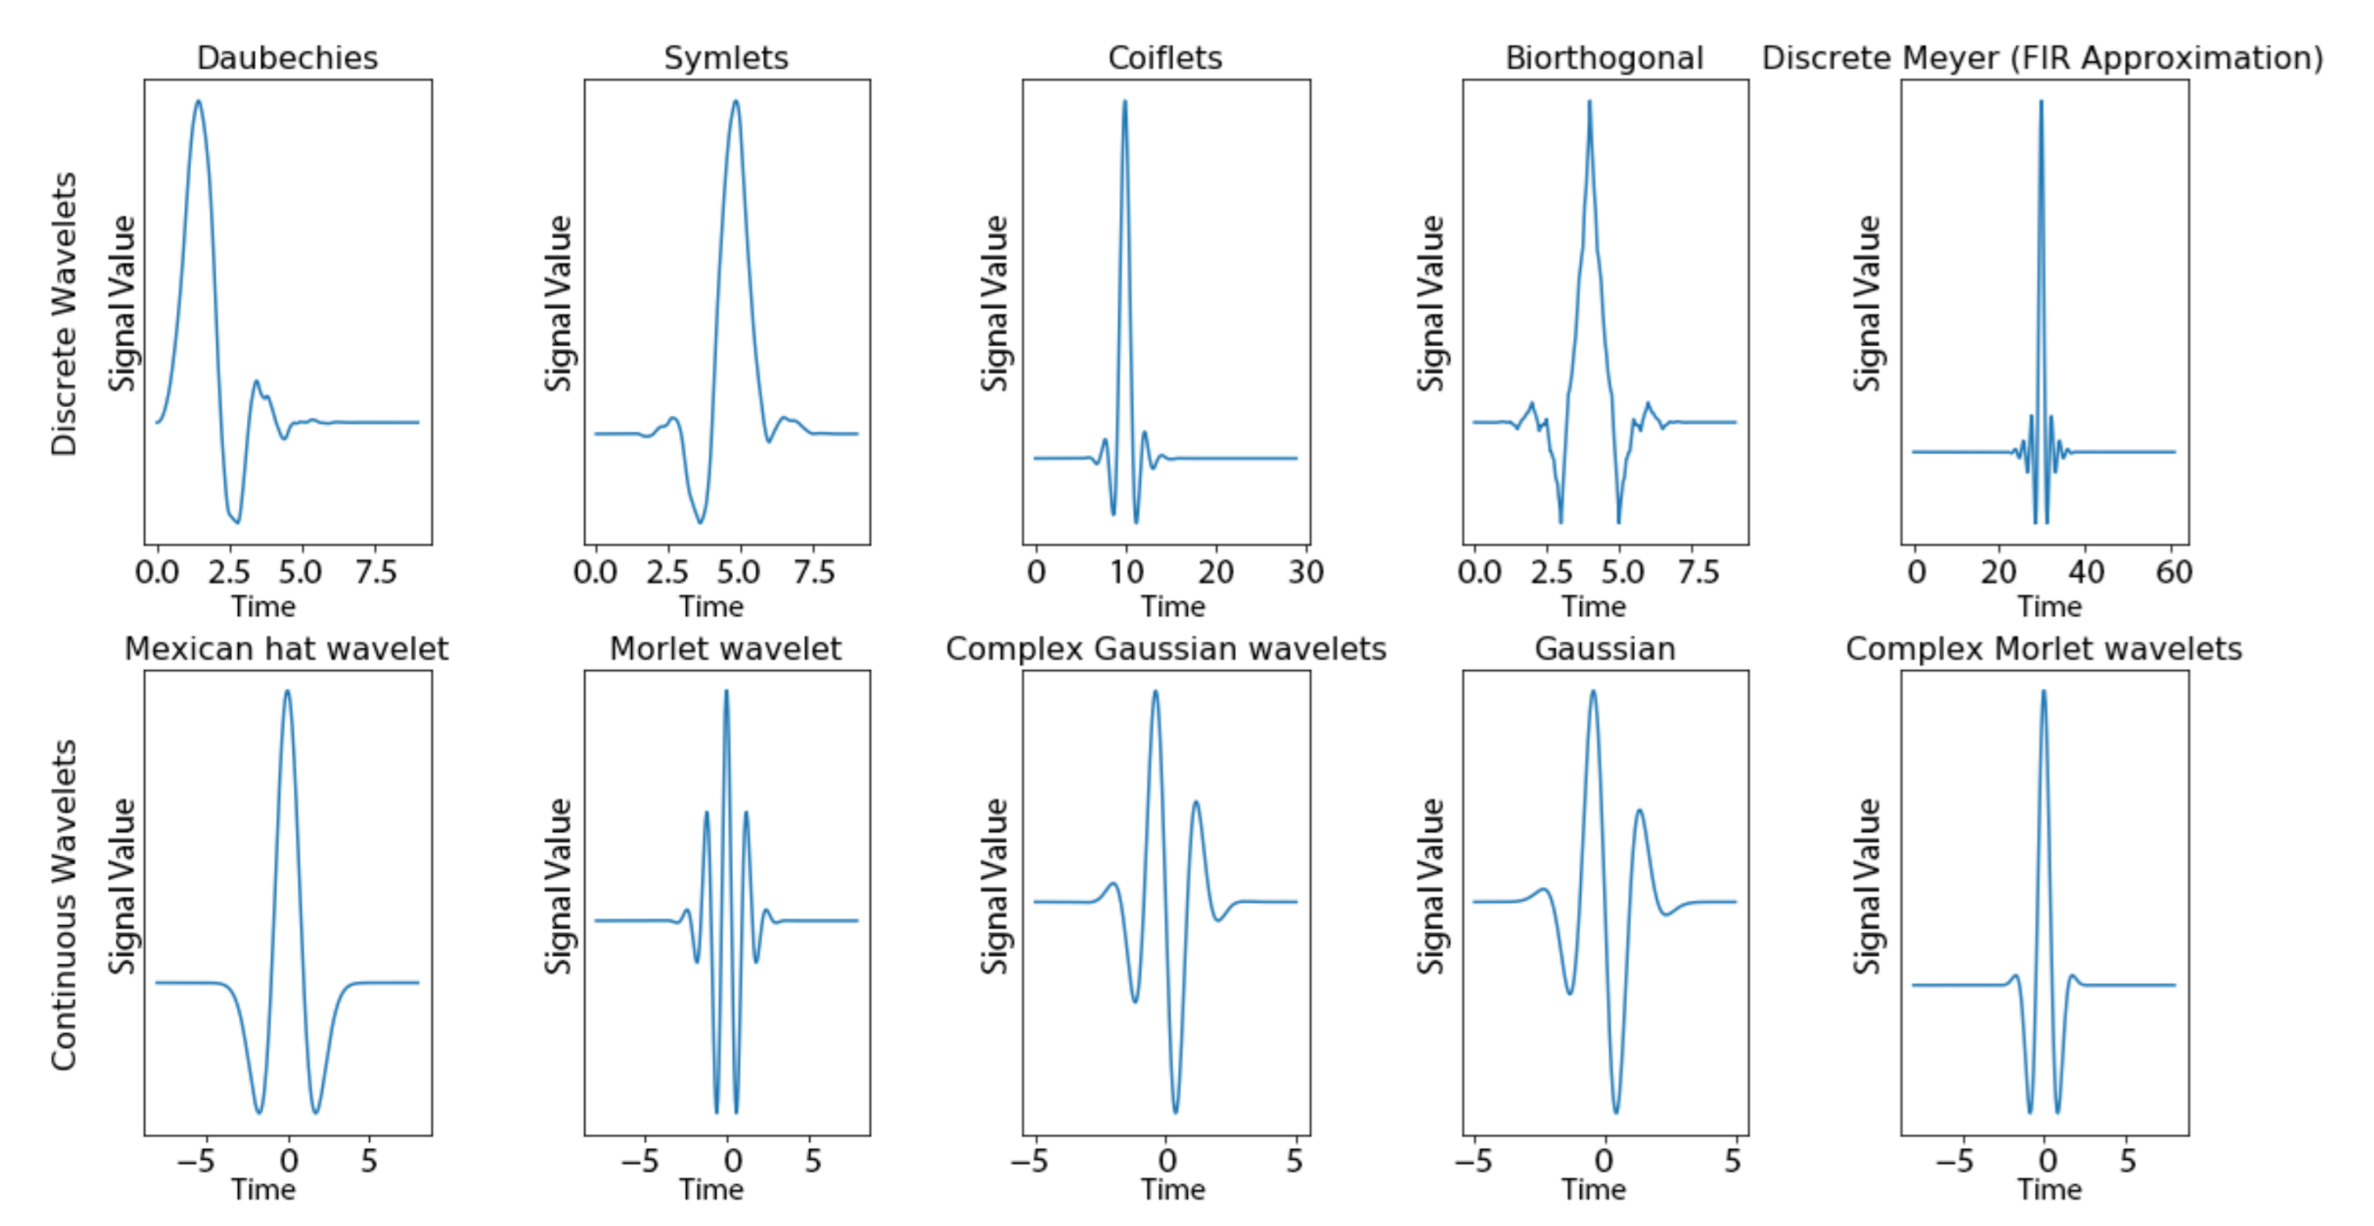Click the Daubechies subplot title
[x=287, y=58]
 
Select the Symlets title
[x=726, y=58]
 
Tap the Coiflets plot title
[x=1165, y=58]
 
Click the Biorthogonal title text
[x=1603, y=58]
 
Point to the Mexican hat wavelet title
[x=286, y=649]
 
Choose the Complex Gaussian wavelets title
[x=1166, y=649]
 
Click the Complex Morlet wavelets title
[x=2043, y=649]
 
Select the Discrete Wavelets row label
[x=63, y=314]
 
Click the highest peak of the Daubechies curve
[x=198, y=101]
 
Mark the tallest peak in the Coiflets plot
[x=1124, y=101]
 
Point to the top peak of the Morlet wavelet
[x=726, y=691]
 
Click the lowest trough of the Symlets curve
[x=701, y=523]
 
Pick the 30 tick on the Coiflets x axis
[x=1306, y=572]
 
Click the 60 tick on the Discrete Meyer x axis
[x=2173, y=572]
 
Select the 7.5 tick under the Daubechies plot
[x=376, y=572]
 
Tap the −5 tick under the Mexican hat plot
[x=196, y=1161]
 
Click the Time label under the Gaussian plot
[x=1594, y=1189]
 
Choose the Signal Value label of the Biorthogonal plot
[x=1430, y=304]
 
